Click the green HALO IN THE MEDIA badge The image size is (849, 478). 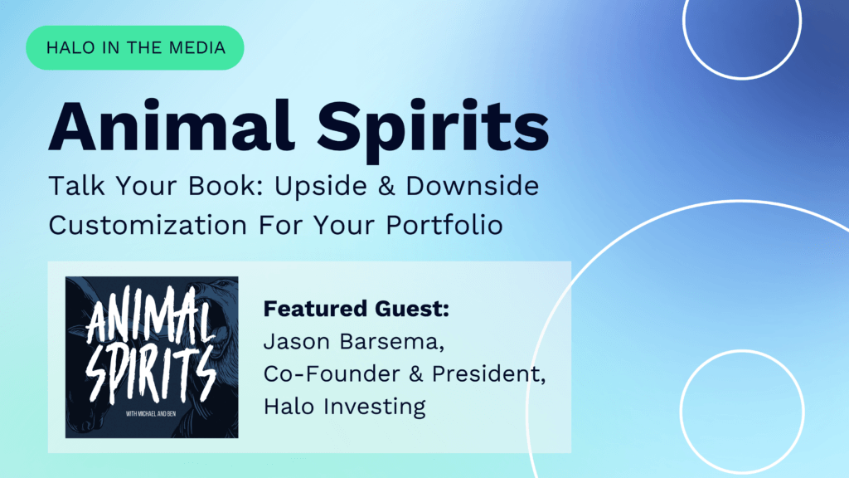tap(134, 47)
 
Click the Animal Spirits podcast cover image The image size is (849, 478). tap(152, 357)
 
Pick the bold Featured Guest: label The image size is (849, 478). tap(357, 310)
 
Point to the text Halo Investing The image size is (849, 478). tap(344, 407)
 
